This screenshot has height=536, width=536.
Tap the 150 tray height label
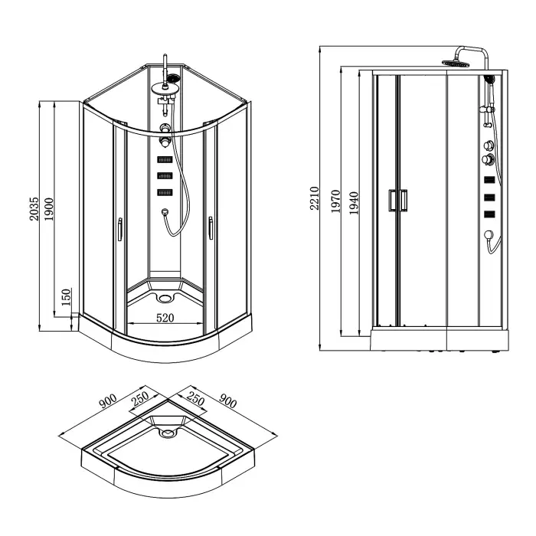tap(67, 296)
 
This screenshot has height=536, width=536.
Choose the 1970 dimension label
tap(338, 201)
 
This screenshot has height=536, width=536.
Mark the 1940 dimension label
tap(354, 201)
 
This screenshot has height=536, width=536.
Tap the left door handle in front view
tap(119, 230)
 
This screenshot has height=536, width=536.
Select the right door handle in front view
tap(209, 230)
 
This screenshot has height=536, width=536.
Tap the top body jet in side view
tap(488, 181)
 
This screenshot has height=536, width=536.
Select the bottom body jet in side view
tap(488, 214)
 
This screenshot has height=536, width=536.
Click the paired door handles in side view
tap(397, 200)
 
